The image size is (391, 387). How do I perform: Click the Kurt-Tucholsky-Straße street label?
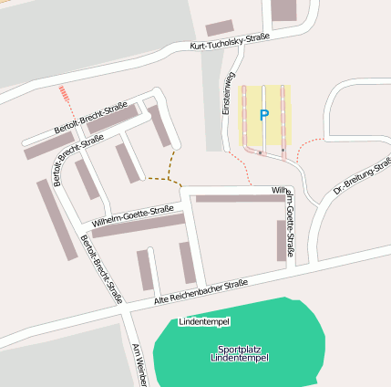point(230,42)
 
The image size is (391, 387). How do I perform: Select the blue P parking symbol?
point(264,115)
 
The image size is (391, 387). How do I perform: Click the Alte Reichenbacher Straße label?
point(201,292)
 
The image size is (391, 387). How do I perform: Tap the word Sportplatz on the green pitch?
point(239,349)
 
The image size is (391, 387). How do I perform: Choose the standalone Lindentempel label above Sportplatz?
point(204,322)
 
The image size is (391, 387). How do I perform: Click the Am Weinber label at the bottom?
point(139,365)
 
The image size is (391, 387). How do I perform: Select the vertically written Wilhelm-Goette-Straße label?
point(289,224)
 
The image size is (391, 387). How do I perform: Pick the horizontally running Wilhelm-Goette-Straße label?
point(132,215)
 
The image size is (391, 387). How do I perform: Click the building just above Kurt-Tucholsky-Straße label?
point(220,28)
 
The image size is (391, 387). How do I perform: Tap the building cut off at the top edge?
point(283,10)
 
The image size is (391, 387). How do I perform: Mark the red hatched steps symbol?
point(64,93)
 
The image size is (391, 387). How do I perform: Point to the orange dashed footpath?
point(170,165)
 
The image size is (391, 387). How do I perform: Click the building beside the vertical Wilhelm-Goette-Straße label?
point(281,240)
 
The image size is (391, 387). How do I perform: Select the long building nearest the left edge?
point(57,219)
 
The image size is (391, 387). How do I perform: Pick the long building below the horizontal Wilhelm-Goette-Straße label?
point(138,225)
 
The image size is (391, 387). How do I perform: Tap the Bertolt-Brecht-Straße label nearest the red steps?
point(90,117)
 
